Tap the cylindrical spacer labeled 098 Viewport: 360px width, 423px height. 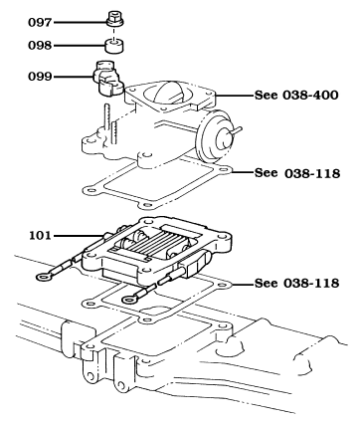coord(113,45)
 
